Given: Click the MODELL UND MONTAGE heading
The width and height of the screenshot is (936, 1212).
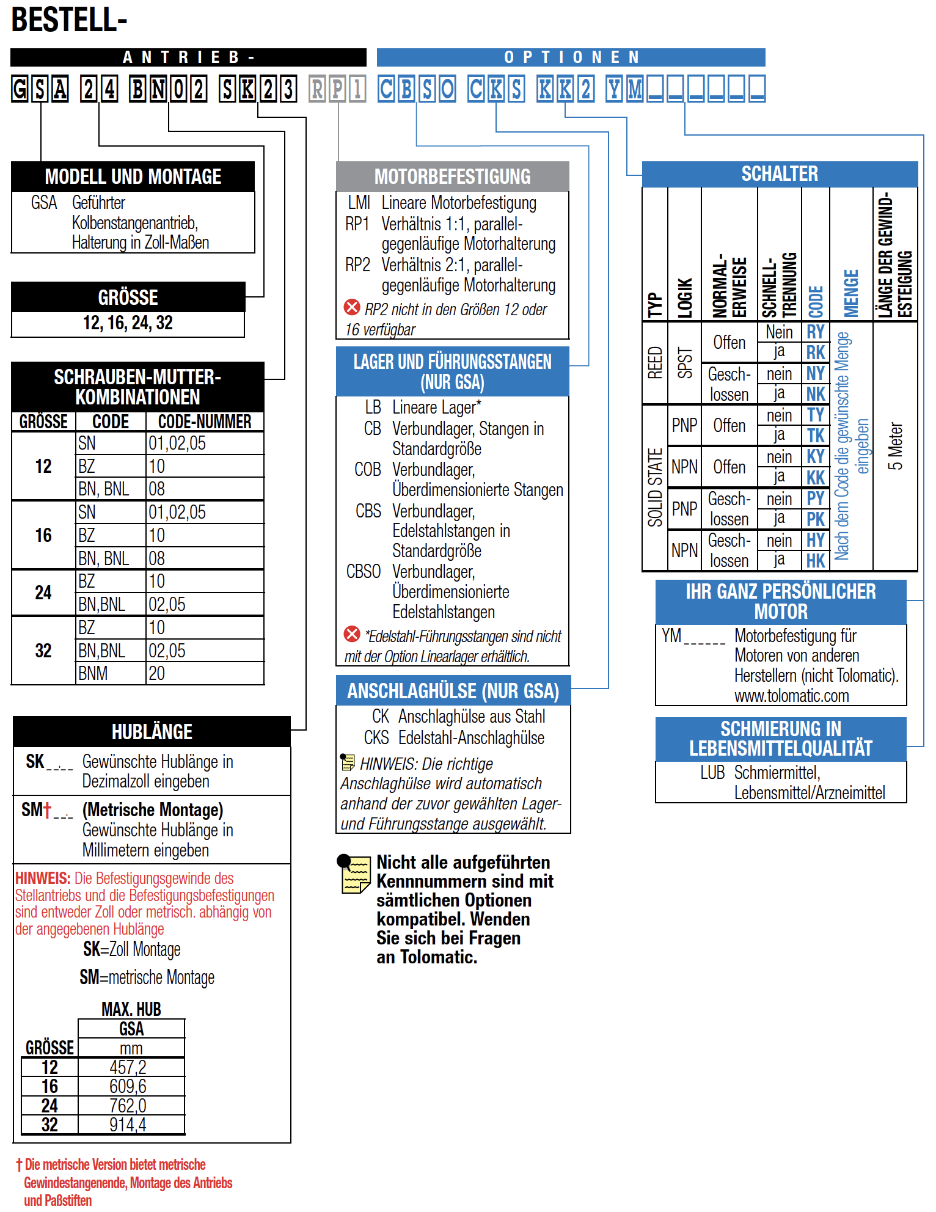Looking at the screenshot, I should (x=133, y=177).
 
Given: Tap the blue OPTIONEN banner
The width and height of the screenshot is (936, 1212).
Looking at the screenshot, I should (x=571, y=57).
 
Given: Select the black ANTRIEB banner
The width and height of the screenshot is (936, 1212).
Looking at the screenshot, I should (x=188, y=57).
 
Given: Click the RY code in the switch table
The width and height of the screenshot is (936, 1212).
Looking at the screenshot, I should (x=815, y=332).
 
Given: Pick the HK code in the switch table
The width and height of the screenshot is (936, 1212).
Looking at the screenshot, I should (x=815, y=561).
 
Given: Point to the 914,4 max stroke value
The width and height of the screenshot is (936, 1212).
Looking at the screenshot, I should (x=128, y=1125).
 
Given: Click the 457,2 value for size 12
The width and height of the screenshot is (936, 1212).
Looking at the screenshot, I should (x=128, y=1067).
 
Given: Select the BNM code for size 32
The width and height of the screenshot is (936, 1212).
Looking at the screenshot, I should (x=93, y=673).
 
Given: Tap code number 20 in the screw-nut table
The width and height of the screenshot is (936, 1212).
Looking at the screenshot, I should (x=157, y=673).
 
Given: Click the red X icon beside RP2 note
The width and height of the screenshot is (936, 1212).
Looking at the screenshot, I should (x=352, y=307).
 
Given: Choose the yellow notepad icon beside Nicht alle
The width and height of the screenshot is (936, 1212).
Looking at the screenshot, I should (x=354, y=874).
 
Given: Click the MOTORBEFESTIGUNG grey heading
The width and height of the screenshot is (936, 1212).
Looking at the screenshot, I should (x=452, y=177).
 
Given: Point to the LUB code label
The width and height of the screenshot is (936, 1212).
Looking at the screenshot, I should (x=712, y=773).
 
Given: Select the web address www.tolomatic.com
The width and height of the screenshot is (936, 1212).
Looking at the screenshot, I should (x=791, y=696).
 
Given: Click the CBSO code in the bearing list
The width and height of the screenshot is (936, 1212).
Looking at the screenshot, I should (x=364, y=572).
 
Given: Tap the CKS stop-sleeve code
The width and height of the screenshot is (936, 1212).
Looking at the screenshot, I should (x=376, y=738).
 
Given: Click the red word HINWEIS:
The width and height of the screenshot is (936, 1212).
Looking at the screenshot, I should (x=42, y=878).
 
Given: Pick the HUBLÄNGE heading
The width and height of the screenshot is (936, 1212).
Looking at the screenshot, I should (x=152, y=731).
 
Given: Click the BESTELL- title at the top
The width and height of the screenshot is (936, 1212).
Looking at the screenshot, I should (x=69, y=20).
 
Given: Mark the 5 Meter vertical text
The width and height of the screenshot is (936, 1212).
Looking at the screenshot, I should (x=895, y=446).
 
